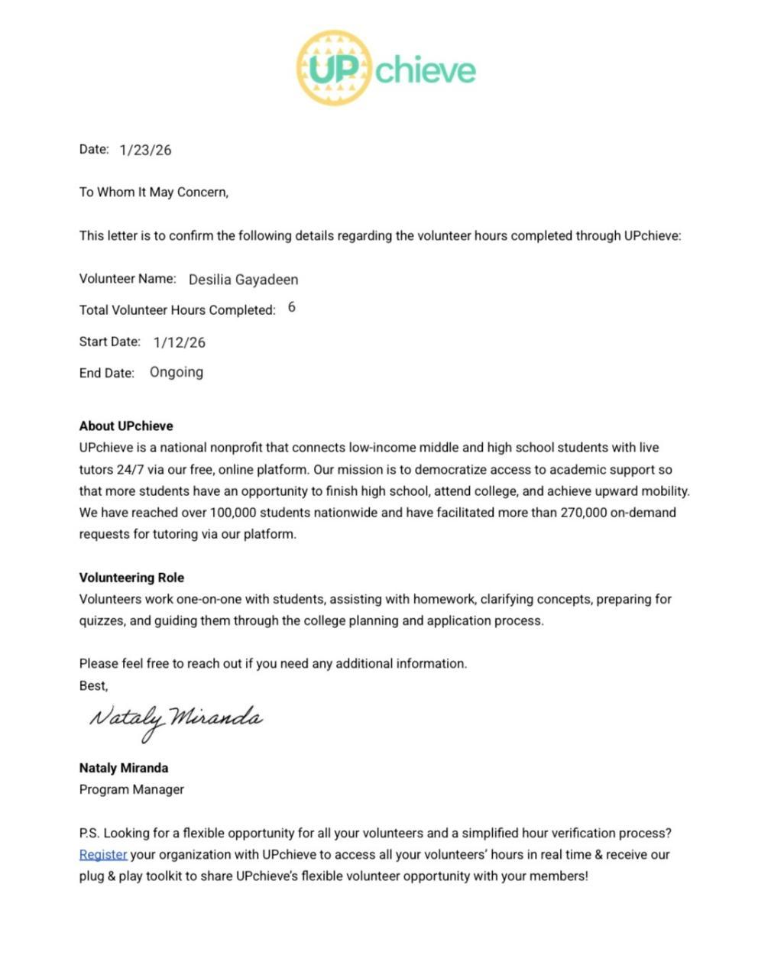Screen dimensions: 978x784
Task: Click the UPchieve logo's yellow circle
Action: (334, 68)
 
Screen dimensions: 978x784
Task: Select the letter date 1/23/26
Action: (145, 151)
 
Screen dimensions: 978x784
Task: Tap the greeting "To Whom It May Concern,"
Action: (154, 193)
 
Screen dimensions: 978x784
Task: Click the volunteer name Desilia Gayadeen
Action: (243, 280)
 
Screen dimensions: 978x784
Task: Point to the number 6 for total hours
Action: (292, 307)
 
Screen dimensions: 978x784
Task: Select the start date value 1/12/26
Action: (180, 343)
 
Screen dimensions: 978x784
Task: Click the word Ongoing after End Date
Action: (177, 373)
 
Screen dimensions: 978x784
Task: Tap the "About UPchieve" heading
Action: (126, 426)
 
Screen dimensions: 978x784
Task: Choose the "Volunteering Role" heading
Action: (131, 578)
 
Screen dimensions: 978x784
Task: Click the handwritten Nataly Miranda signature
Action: (176, 720)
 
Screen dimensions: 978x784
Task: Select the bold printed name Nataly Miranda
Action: (124, 769)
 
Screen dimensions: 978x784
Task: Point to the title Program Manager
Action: (131, 790)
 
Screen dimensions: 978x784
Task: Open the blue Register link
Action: (103, 855)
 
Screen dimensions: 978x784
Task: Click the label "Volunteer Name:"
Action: (128, 279)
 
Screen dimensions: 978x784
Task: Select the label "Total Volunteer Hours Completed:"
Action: (177, 310)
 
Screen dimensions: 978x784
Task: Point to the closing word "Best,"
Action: (94, 686)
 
